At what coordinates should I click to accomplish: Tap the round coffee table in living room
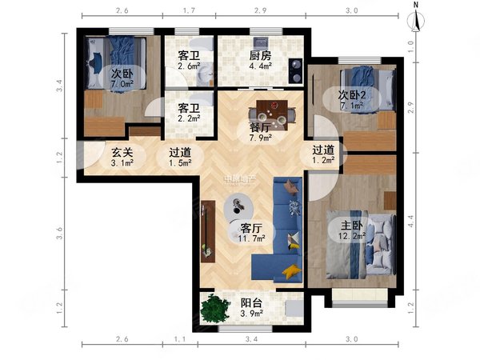[239, 206]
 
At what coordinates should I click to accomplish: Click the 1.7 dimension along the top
[190, 12]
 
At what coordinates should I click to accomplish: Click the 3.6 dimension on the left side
[60, 235]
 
